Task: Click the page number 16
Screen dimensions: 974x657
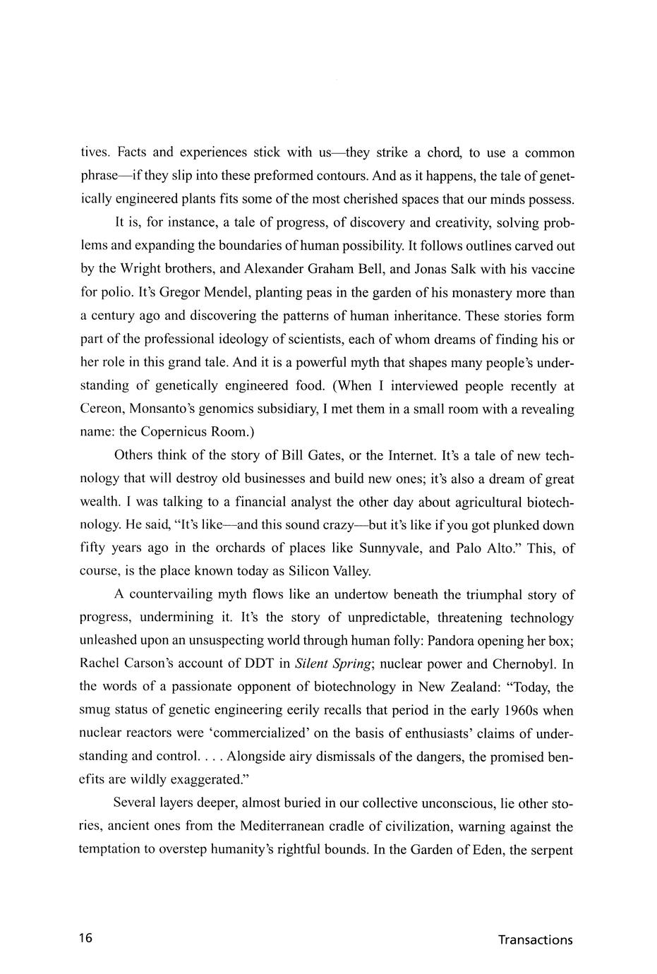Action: tap(86, 939)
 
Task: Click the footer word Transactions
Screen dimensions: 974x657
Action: tap(535, 939)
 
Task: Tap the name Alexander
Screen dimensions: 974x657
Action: tap(273, 270)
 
